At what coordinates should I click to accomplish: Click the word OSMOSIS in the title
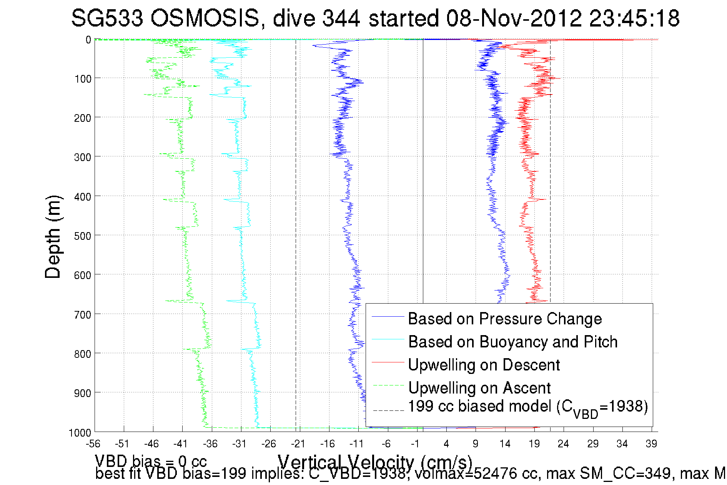click(205, 18)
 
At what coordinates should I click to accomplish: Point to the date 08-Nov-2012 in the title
click(514, 18)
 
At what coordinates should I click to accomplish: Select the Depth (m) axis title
click(53, 237)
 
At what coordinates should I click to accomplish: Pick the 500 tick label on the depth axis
click(83, 236)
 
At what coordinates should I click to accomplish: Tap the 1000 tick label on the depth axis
click(80, 433)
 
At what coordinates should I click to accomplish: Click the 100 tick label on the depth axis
click(83, 79)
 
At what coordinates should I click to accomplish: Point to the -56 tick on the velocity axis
click(93, 444)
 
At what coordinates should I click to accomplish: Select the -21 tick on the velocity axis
click(298, 444)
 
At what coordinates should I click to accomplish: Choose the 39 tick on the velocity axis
click(651, 444)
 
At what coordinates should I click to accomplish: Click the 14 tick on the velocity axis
click(505, 444)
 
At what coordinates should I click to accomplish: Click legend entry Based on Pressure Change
click(505, 319)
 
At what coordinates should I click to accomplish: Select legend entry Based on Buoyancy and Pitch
click(512, 342)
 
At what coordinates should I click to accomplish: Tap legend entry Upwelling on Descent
click(484, 365)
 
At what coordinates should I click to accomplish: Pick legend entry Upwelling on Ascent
click(479, 388)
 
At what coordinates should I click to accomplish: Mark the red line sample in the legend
click(388, 362)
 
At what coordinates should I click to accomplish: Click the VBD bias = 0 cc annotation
click(151, 461)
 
